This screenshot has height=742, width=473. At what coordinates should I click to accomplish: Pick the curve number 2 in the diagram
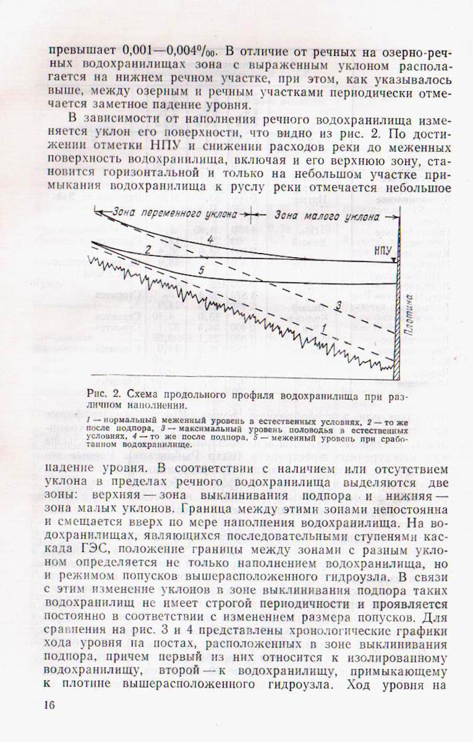(x=147, y=249)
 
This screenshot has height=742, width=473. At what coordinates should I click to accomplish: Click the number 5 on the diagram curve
(x=202, y=270)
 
